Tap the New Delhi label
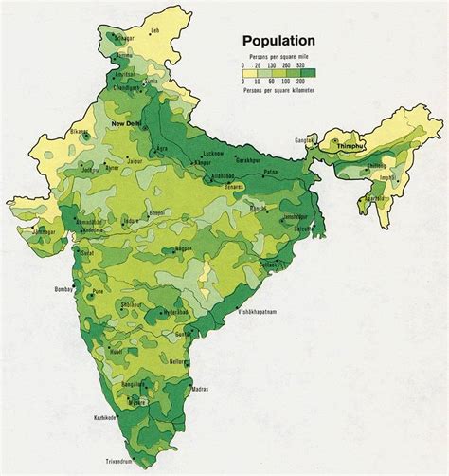(x=127, y=124)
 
